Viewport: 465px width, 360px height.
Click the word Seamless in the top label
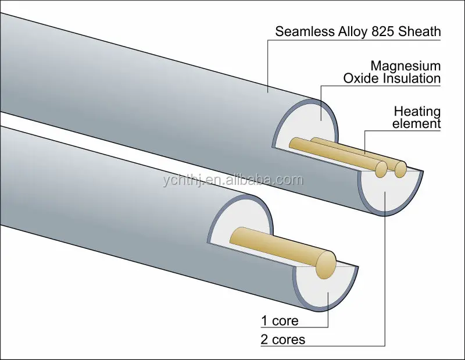[304, 31]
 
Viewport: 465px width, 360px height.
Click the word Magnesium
[405, 65]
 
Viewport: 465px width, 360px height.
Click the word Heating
[417, 111]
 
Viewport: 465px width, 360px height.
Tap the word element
[416, 123]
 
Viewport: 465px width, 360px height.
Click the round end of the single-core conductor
[325, 263]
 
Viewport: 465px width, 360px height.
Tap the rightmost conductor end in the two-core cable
[400, 169]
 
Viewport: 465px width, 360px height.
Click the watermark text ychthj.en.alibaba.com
[233, 179]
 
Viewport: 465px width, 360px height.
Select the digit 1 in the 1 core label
[263, 320]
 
